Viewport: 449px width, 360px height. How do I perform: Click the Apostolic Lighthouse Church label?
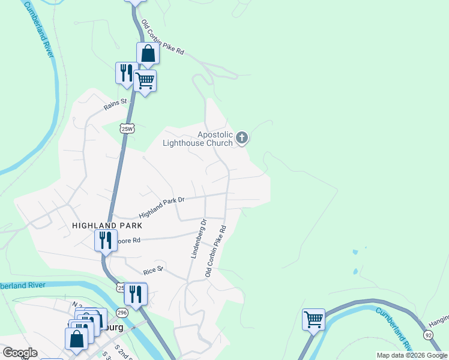pos(198,139)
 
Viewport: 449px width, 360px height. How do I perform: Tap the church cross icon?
pos(242,139)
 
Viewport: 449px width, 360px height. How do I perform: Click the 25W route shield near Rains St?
pos(126,128)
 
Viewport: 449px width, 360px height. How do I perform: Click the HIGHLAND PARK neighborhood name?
pos(107,226)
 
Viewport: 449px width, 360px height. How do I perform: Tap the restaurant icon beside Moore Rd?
pos(105,241)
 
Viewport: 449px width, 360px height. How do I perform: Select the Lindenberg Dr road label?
pos(199,238)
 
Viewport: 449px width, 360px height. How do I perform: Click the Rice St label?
pos(153,269)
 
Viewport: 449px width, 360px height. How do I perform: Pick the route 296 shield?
pos(122,313)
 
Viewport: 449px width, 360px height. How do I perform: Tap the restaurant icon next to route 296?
pos(136,294)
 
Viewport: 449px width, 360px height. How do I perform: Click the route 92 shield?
pos(428,334)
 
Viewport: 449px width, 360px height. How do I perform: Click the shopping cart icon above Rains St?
pos(145,80)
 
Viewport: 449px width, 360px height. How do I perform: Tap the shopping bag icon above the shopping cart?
pos(148,53)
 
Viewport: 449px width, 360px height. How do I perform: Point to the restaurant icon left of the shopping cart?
pos(126,73)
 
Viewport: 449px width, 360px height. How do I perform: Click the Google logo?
pos(20,353)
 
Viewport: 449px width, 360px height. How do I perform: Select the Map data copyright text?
pos(412,355)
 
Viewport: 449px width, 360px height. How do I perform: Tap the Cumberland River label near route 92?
pos(393,329)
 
